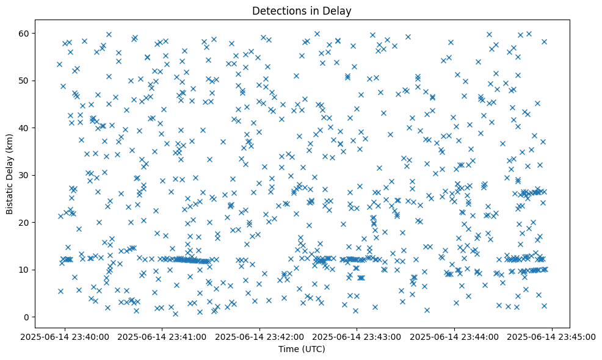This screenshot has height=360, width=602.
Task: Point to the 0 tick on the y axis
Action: coord(27,317)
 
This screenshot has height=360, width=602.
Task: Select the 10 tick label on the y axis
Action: coord(25,270)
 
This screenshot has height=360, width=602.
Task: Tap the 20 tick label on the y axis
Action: coord(25,223)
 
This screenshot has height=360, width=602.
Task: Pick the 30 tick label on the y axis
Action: coord(25,175)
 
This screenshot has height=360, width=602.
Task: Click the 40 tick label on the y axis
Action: coord(25,128)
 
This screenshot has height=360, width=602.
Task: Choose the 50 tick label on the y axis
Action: coord(25,81)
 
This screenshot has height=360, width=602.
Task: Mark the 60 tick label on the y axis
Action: coord(25,33)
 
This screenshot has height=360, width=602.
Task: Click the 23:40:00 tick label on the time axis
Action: coord(65,336)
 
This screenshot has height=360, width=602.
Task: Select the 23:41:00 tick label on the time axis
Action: coord(162,336)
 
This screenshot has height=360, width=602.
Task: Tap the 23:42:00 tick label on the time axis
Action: coord(260,336)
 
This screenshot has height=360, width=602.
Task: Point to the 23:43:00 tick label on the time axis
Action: coord(357,336)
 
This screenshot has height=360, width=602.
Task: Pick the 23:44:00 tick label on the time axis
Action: coord(455,336)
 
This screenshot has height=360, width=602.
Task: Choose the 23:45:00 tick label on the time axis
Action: coord(553,336)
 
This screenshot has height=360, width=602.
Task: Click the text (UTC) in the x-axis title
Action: coord(314,350)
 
